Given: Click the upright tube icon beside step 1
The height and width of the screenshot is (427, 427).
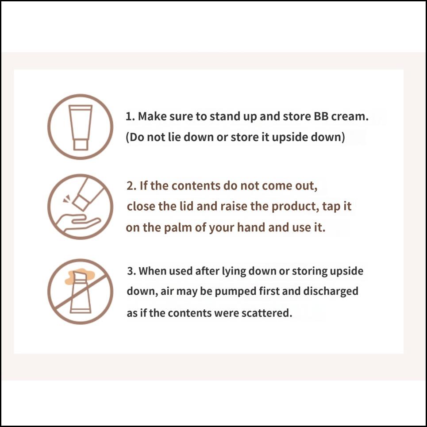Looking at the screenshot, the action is [x=81, y=127].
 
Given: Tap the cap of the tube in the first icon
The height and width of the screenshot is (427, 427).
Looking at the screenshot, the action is [x=81, y=145].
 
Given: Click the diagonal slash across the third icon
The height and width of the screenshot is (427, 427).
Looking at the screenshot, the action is [x=81, y=292].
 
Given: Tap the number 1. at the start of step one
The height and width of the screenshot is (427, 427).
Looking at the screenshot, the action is [x=131, y=116].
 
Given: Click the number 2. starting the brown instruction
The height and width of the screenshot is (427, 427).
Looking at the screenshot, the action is [x=131, y=186].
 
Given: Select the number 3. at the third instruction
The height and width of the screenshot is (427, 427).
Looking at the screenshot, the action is [x=131, y=271].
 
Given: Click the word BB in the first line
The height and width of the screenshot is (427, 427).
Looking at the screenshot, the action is [x=321, y=116].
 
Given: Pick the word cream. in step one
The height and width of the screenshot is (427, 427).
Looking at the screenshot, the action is [x=350, y=116].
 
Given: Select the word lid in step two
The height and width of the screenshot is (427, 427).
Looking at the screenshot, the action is [x=187, y=206].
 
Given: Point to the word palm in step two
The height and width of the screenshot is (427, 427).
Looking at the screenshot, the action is [x=178, y=228].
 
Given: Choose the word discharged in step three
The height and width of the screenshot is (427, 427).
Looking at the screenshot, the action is [x=331, y=292].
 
